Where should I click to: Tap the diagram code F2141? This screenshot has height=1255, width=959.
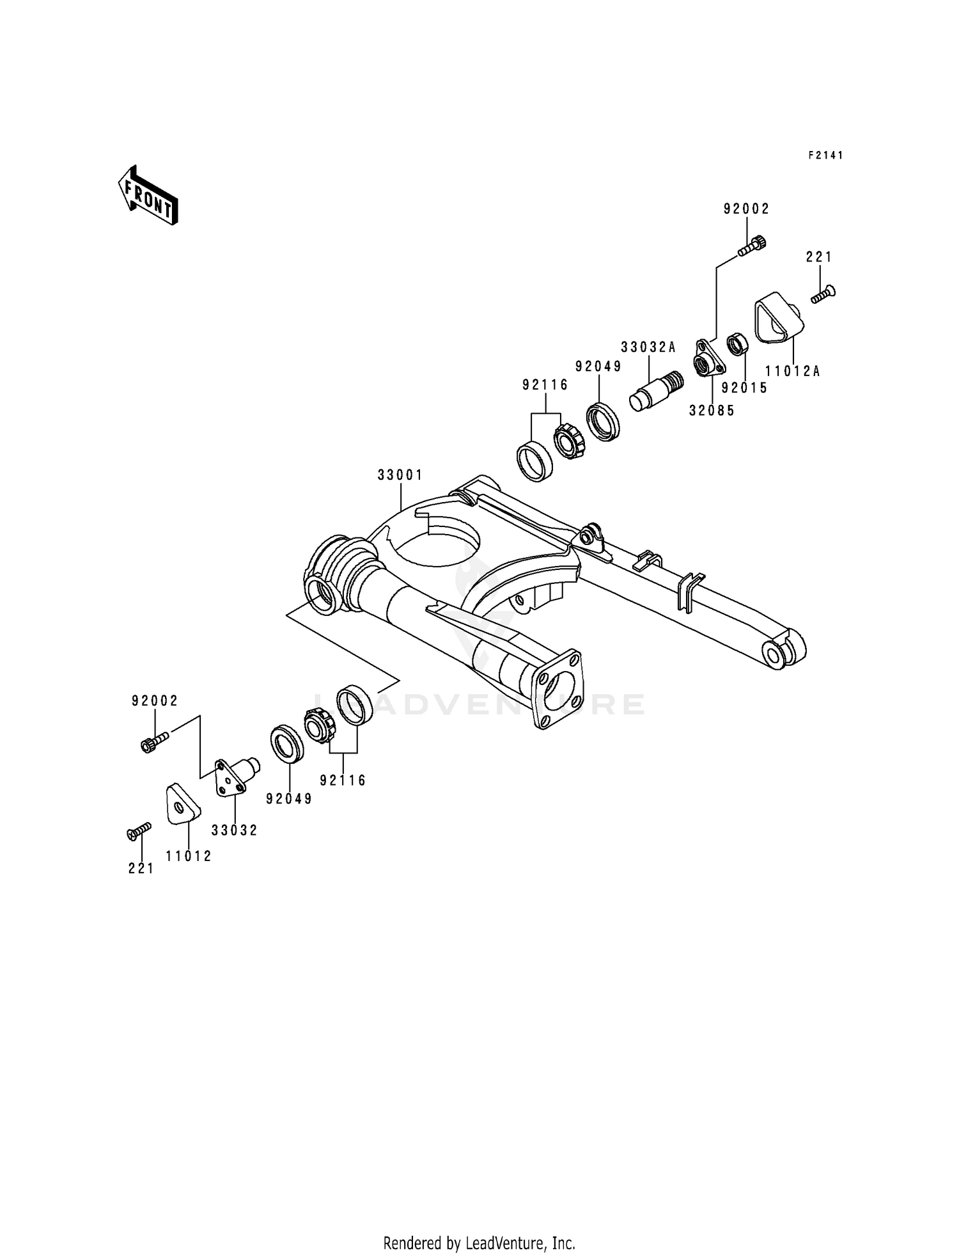coord(825,155)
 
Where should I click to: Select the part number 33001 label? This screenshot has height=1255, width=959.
coord(400,475)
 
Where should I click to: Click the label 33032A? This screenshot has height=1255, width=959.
coord(648,347)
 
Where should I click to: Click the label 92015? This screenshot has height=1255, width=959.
coord(744,388)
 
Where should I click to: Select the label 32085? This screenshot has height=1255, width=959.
coord(712,411)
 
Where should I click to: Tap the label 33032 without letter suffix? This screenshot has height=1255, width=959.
coord(235,830)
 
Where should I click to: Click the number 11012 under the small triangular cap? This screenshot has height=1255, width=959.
coord(189,856)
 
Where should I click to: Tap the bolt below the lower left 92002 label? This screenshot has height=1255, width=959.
coord(153,741)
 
